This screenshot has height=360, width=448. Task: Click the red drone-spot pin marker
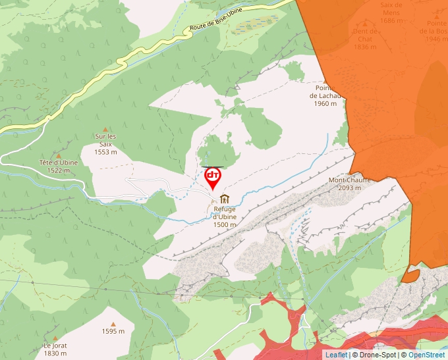[x=213, y=177]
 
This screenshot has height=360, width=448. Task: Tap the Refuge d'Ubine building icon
[x=225, y=199]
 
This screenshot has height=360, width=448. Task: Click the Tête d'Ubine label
[x=59, y=166]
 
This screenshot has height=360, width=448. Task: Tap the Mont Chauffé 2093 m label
[x=349, y=184]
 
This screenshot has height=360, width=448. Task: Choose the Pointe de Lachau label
[x=326, y=96]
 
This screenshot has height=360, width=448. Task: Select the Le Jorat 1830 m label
[x=55, y=349]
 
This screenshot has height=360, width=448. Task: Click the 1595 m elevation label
[x=113, y=331]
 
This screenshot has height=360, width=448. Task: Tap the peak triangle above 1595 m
[x=113, y=324]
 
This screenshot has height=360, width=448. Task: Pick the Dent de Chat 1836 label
[x=364, y=39]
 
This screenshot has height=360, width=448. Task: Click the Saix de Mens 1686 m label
[x=391, y=13]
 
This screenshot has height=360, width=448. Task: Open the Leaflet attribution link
[x=336, y=355]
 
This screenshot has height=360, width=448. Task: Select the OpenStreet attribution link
[x=427, y=355]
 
